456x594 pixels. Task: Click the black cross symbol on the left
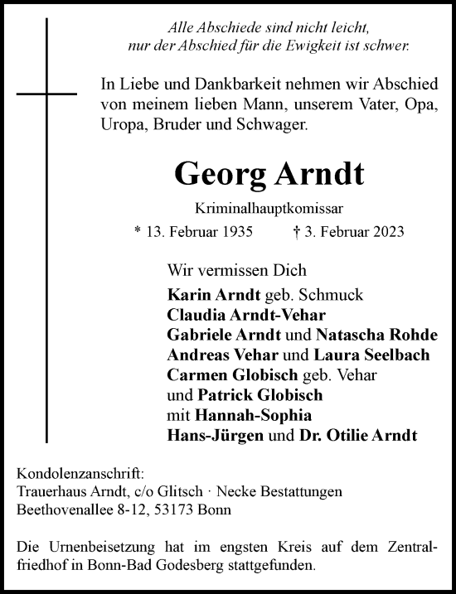click(46, 93)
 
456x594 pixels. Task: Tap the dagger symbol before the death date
click(308, 230)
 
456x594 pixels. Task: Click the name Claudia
click(192, 316)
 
